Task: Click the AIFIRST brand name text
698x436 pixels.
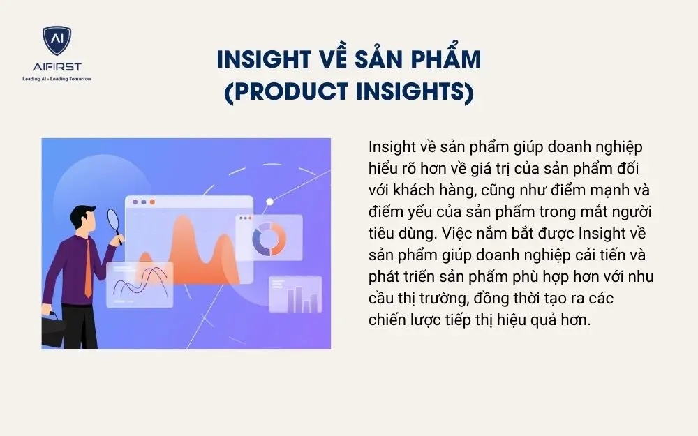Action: pyautogui.click(x=57, y=67)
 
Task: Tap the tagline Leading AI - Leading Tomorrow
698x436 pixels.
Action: pyautogui.click(x=57, y=78)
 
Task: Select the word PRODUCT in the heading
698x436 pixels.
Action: pyautogui.click(x=292, y=92)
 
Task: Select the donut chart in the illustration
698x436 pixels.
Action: pyautogui.click(x=265, y=238)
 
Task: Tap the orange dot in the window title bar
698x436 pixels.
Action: pyautogui.click(x=152, y=202)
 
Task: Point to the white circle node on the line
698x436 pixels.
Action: pyautogui.click(x=270, y=202)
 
